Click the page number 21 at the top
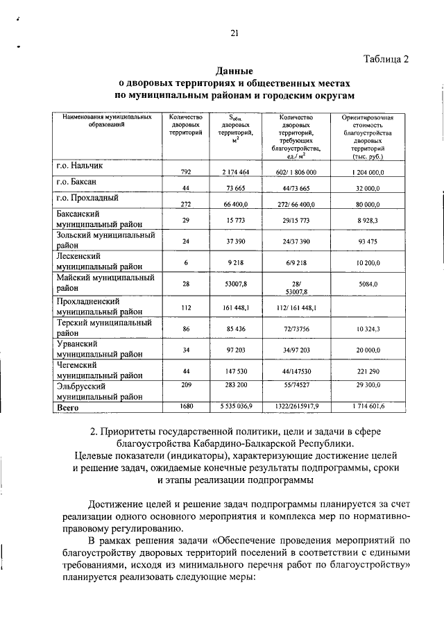[234, 33]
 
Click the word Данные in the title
[234, 71]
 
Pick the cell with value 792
[185, 171]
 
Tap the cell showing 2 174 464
[236, 171]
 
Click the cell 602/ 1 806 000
[296, 171]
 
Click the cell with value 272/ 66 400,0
[296, 205]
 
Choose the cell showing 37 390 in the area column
[236, 241]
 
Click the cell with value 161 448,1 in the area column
[236, 307]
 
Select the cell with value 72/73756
[296, 328]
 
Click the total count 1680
[185, 405]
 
